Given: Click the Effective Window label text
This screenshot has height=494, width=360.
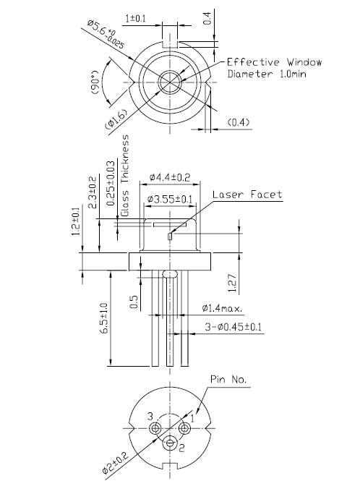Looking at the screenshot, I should point(268,61).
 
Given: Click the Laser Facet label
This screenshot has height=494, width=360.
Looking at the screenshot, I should point(247,195).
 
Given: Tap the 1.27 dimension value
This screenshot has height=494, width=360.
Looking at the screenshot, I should point(230,280).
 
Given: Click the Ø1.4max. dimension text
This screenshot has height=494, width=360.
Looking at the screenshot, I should point(222,309).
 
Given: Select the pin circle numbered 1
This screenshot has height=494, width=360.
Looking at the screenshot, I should point(185,428).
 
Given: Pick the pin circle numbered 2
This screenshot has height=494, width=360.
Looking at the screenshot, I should point(171,443).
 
